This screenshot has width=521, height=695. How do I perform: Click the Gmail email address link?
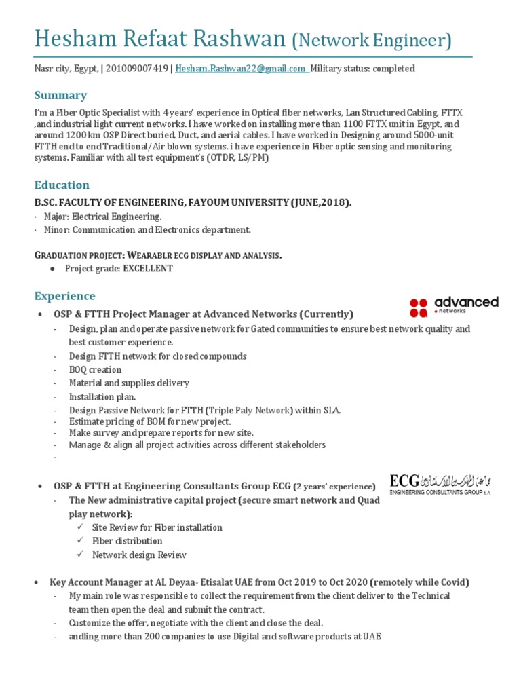tap(241, 69)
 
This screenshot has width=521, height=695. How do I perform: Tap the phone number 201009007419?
tap(138, 69)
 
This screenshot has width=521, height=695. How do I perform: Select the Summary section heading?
tap(60, 95)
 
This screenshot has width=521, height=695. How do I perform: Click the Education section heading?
tap(62, 185)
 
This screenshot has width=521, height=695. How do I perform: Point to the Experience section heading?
tap(64, 296)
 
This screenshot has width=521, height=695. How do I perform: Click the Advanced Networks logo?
tap(454, 306)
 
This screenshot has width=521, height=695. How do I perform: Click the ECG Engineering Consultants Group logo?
tap(439, 485)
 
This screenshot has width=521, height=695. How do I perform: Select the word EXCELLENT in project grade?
tap(147, 269)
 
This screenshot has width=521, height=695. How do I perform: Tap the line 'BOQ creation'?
tap(95, 370)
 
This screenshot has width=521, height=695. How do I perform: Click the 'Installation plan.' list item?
tap(102, 396)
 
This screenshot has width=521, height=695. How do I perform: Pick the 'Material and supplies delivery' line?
tap(129, 383)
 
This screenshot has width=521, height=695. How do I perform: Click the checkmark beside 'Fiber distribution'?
tap(79, 541)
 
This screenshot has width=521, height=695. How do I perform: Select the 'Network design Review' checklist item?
tap(139, 555)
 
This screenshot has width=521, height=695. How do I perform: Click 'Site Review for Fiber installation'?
tap(157, 527)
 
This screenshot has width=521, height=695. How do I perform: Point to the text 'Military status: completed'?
tap(362, 69)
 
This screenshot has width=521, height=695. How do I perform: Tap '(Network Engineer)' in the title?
tap(371, 41)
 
